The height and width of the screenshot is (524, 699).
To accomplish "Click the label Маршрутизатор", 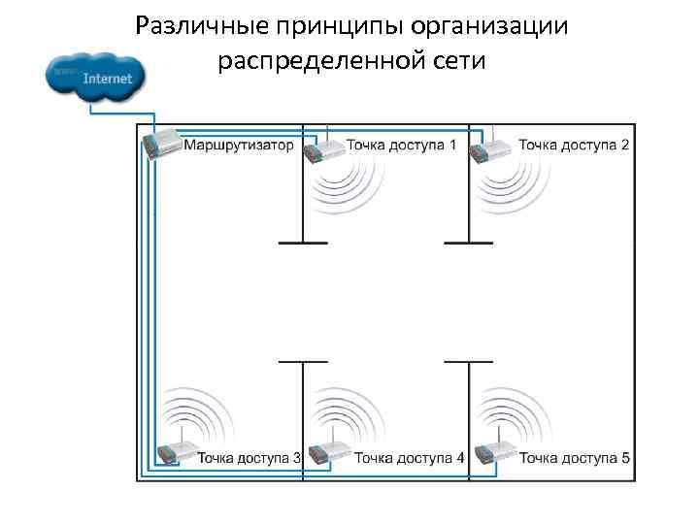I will (x=238, y=146).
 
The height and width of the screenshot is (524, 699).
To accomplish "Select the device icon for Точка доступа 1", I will (x=324, y=148).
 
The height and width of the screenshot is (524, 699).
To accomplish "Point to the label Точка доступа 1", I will (x=401, y=146).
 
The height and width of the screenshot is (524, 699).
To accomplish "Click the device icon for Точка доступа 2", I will (x=491, y=148).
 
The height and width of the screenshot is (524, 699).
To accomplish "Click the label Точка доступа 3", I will (x=249, y=457).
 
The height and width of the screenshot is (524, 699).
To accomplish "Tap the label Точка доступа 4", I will (x=409, y=457).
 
